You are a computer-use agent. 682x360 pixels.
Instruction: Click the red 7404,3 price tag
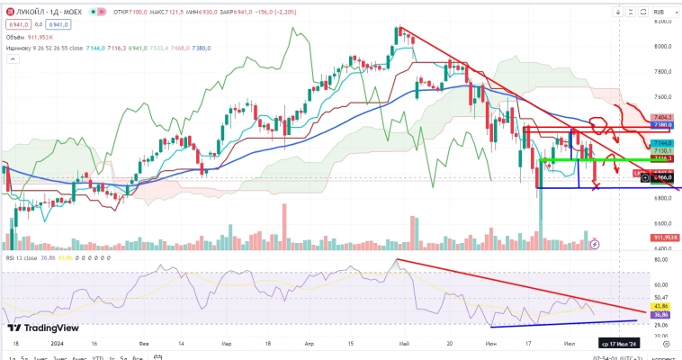(663, 118)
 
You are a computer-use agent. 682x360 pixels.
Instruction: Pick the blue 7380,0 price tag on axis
(663, 125)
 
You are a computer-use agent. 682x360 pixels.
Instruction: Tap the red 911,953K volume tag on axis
(663, 237)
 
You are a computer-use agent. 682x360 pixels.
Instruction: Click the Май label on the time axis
(404, 344)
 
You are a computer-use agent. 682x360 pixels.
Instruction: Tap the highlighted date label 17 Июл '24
(620, 344)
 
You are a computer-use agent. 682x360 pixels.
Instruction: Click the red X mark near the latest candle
(596, 186)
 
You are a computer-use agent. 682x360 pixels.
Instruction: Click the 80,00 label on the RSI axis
(663, 260)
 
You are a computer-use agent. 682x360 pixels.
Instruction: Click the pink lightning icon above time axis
(594, 244)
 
